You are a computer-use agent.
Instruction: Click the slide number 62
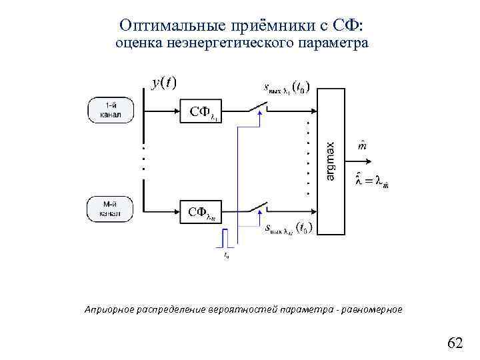coord(455,343)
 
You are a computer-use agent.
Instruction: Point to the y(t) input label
coord(163,83)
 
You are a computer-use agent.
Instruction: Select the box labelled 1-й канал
coord(110,111)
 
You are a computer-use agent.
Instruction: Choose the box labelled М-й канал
coord(110,209)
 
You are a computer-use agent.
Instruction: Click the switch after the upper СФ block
coord(257,107)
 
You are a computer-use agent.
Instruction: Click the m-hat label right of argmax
coord(362,146)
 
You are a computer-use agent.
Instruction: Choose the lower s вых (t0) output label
coord(290,228)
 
